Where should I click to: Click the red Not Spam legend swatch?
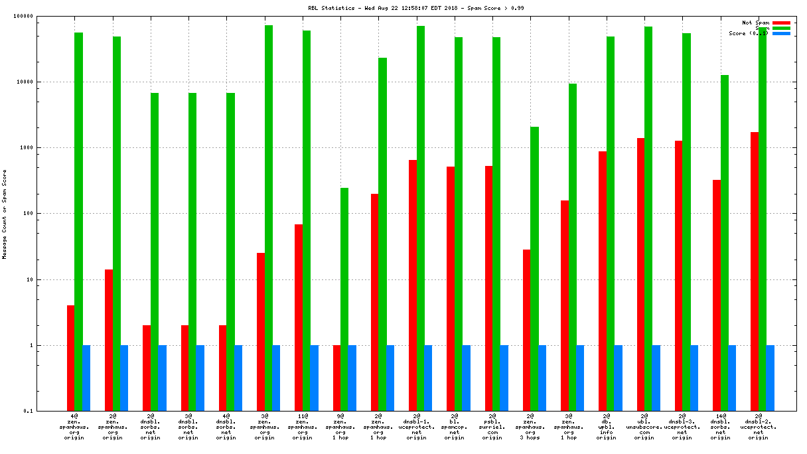[781, 23]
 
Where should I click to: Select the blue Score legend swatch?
[781, 33]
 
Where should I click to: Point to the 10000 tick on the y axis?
[39, 82]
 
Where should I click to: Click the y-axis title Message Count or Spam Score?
[4, 214]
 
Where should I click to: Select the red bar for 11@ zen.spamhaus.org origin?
[299, 317]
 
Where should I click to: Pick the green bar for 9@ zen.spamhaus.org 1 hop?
[344, 299]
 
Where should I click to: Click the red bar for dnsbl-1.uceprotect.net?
[413, 285]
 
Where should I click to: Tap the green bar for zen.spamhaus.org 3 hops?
[534, 269]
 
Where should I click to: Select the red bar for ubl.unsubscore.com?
[640, 274]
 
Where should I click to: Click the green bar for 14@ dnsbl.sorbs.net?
[725, 243]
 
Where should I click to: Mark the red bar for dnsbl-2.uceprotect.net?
[755, 271]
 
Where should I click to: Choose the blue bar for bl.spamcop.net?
[466, 378]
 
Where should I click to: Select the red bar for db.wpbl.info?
[603, 281]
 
